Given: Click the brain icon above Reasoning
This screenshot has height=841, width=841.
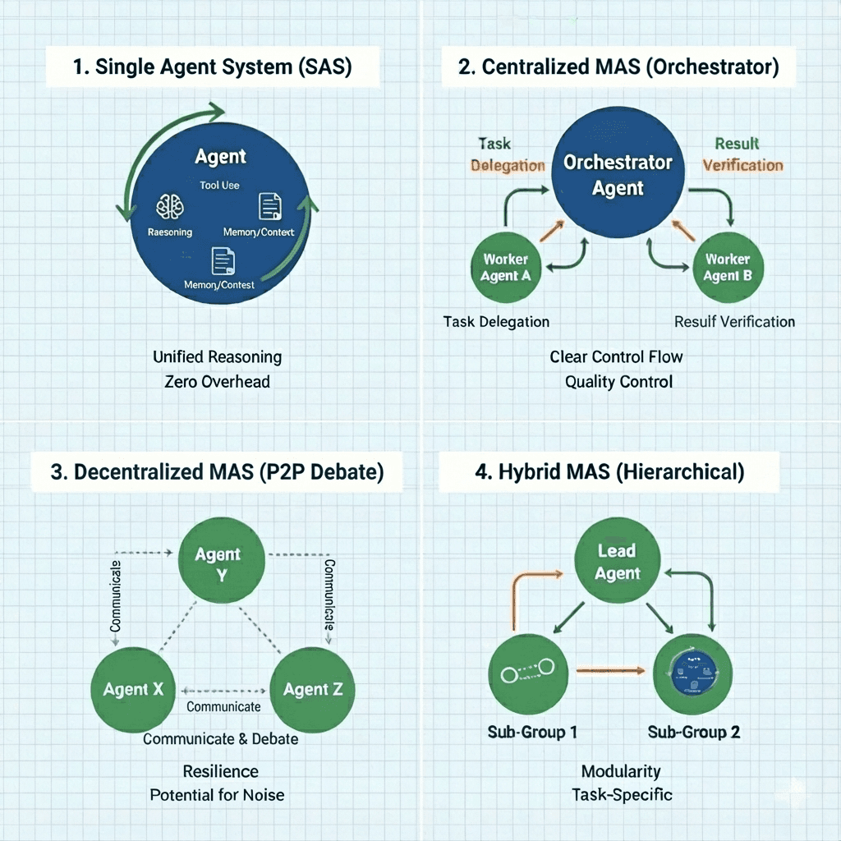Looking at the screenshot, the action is click(x=171, y=206).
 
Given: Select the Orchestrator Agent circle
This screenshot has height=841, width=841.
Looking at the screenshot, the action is click(x=618, y=175).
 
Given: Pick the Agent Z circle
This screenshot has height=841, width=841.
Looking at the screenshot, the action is click(x=312, y=688).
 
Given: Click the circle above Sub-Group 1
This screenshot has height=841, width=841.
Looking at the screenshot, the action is click(x=526, y=673).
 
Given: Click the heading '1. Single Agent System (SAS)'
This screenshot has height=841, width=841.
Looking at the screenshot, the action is click(x=212, y=67).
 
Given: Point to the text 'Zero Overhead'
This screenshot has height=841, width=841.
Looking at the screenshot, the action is click(x=217, y=382).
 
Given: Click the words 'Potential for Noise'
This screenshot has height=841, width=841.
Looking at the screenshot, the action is click(x=217, y=795).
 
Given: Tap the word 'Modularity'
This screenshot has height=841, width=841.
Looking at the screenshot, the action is click(x=621, y=771).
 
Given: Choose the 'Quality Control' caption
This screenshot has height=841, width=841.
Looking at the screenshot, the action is click(x=618, y=382).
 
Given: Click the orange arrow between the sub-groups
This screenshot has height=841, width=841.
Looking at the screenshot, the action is click(x=608, y=671).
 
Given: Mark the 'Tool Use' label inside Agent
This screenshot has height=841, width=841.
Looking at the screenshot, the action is click(x=219, y=186).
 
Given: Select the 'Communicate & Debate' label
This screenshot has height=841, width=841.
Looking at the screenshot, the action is click(x=220, y=738).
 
